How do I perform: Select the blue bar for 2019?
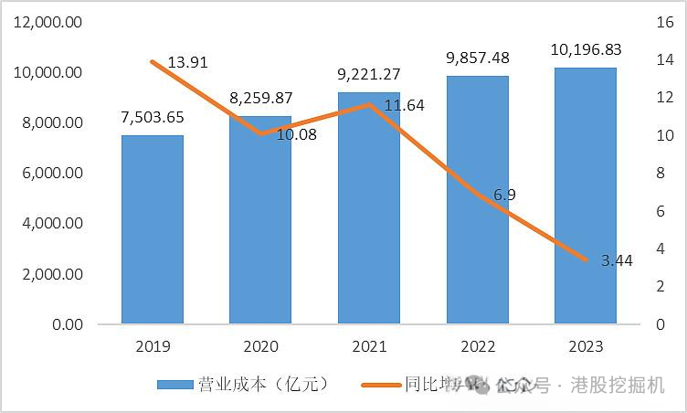point(153,229)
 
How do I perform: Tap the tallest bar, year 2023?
point(585,196)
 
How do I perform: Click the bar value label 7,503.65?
point(153,117)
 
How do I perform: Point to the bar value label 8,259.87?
point(260,98)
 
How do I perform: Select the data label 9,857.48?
point(477,58)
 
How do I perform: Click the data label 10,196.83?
point(585,49)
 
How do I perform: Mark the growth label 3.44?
point(616,260)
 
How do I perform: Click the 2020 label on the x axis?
point(260,347)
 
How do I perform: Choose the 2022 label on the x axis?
point(477,347)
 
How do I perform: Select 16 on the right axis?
point(664,22)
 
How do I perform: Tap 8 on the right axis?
point(664,173)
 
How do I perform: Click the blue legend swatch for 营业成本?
point(174,385)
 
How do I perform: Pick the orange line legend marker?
point(371,385)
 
